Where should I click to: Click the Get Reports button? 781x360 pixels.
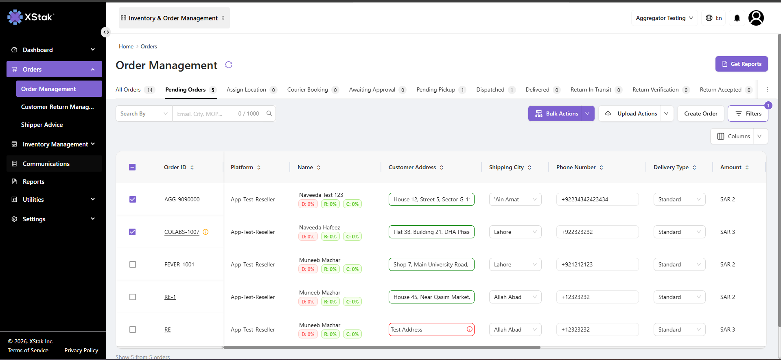click(742, 64)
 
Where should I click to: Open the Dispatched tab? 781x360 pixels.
click(495, 90)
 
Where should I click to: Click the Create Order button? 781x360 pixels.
click(700, 113)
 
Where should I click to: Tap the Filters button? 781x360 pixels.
click(748, 113)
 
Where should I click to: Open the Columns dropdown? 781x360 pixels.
click(739, 136)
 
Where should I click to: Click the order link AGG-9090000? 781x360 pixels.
click(182, 199)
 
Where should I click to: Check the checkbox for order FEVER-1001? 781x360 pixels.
click(133, 264)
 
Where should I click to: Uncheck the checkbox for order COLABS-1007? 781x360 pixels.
click(133, 232)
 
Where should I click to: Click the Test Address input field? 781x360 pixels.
click(427, 329)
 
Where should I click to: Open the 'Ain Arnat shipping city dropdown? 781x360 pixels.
click(515, 199)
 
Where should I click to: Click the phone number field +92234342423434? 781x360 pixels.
click(597, 199)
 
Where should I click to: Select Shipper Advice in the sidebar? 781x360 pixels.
click(42, 125)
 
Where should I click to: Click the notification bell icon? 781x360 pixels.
click(737, 18)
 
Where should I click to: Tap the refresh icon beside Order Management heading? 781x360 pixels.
click(229, 65)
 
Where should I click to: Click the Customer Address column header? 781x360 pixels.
click(412, 167)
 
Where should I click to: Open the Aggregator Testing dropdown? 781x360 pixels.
click(664, 18)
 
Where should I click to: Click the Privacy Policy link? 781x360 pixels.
click(81, 350)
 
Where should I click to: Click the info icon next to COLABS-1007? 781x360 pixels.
click(206, 232)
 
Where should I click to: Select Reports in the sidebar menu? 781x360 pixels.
click(33, 182)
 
